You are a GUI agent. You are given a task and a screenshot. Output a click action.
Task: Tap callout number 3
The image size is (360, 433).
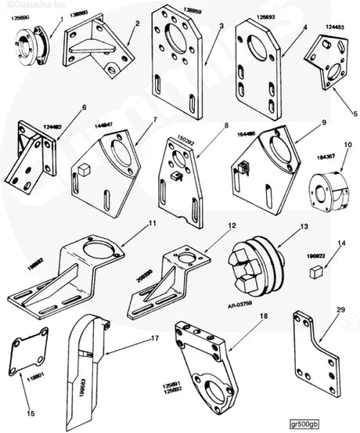point(221,26)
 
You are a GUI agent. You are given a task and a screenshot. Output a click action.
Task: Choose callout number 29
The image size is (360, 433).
point(340,311)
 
